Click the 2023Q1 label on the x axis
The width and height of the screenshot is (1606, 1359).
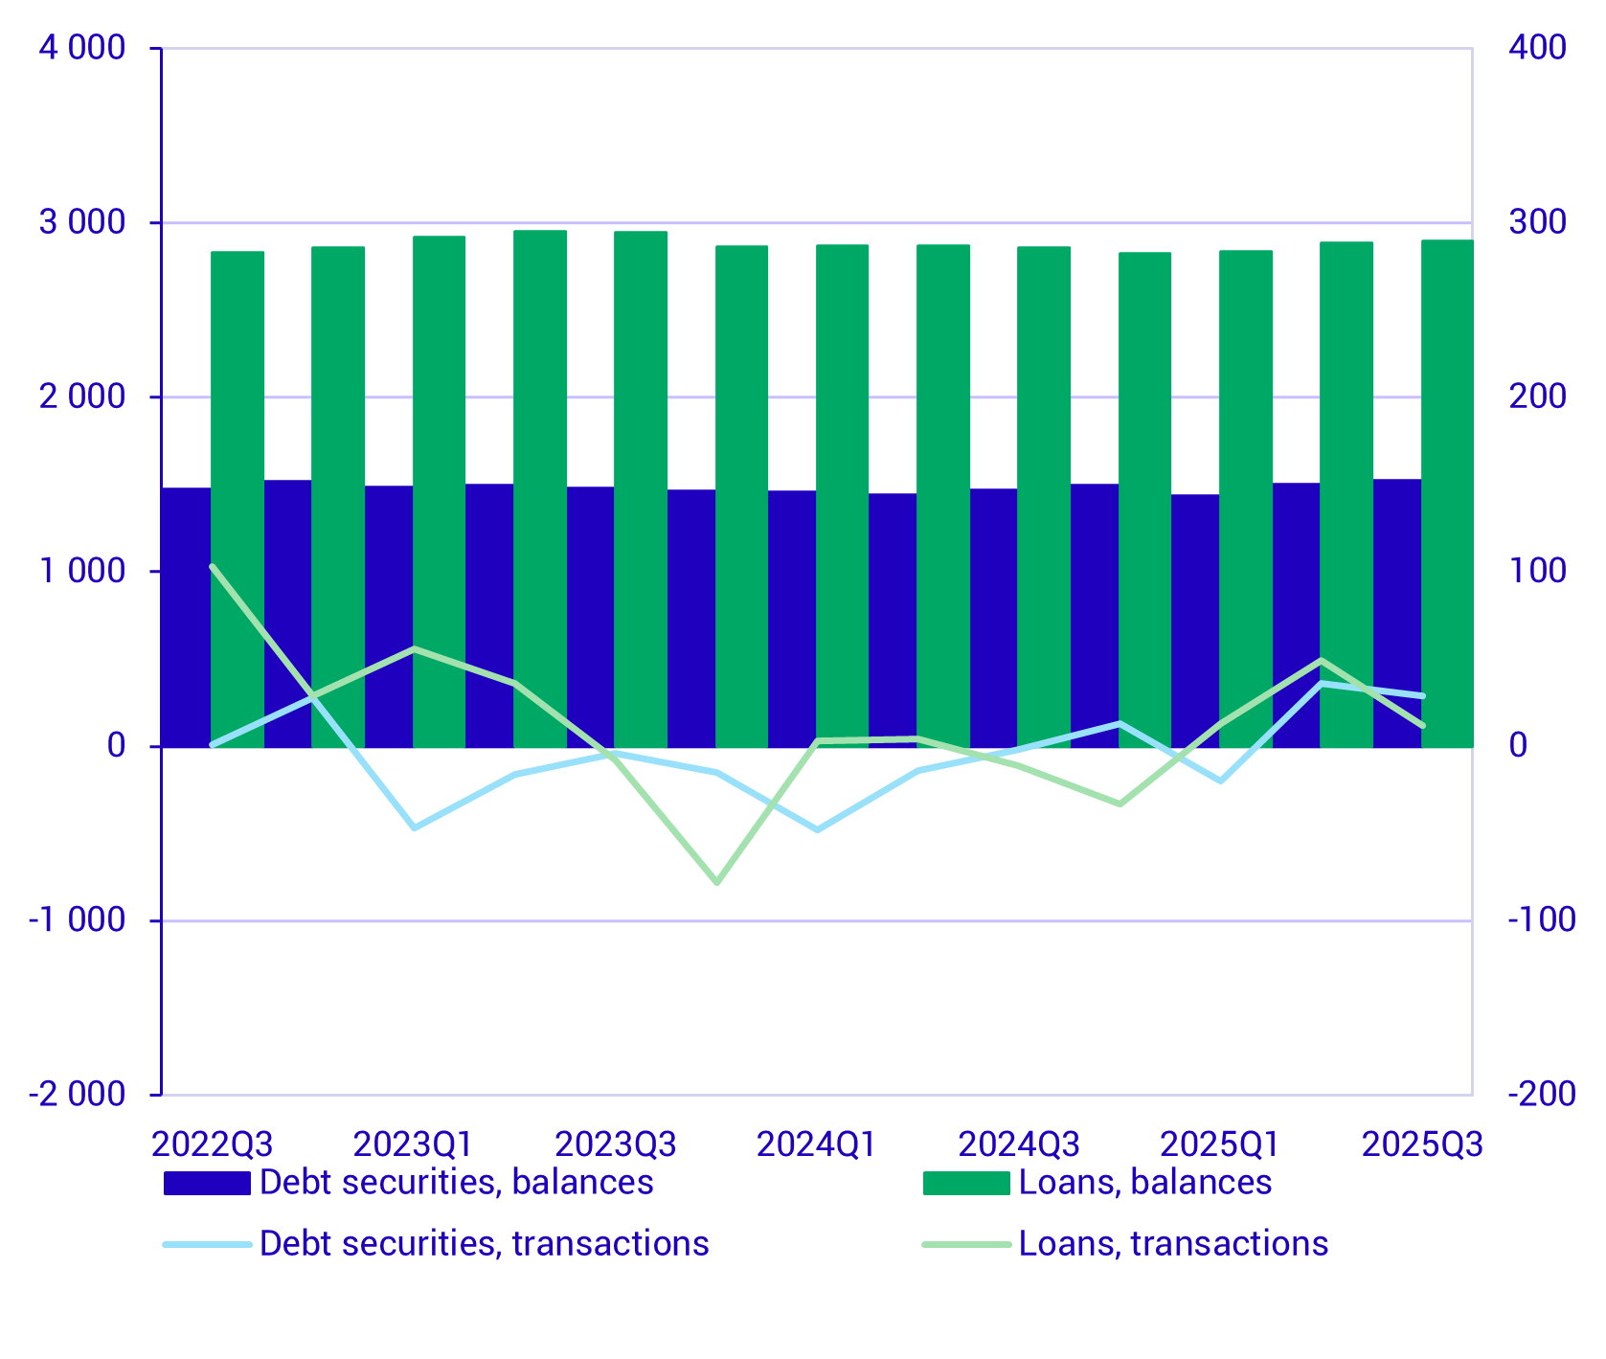pyautogui.click(x=414, y=1144)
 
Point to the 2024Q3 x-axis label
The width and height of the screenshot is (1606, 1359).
pyautogui.click(x=1019, y=1144)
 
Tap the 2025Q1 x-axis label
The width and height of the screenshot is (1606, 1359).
pyautogui.click(x=1220, y=1144)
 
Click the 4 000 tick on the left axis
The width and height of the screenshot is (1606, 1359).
pyautogui.click(x=82, y=48)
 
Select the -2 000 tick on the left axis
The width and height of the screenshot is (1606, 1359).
pyautogui.click(x=78, y=1095)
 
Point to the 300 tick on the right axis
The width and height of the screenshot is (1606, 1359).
pyautogui.click(x=1538, y=222)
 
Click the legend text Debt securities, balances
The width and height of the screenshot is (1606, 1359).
pyautogui.click(x=456, y=1183)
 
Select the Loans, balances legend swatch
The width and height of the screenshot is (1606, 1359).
pyautogui.click(x=966, y=1184)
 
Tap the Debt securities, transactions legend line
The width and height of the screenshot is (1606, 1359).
pyautogui.click(x=207, y=1244)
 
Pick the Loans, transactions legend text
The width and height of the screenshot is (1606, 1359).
pyautogui.click(x=1173, y=1244)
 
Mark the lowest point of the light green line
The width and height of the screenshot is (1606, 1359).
pyautogui.click(x=717, y=882)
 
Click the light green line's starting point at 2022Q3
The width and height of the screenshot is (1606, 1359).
pyautogui.click(x=213, y=566)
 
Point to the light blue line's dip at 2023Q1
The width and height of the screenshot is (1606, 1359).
pyautogui.click(x=414, y=827)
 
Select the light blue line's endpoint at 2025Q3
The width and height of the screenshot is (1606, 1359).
pyautogui.click(x=1423, y=695)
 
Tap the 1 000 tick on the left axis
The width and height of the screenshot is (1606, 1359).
pyautogui.click(x=82, y=572)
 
